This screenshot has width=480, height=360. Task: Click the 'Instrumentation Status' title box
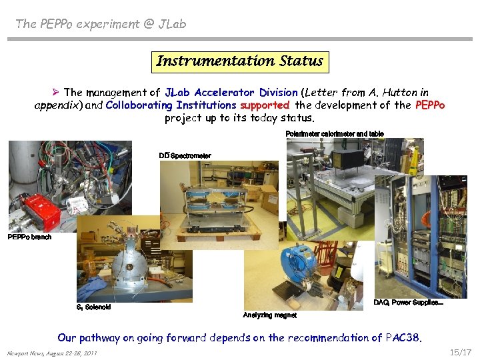[239, 61]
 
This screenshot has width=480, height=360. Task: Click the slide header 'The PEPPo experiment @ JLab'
[101, 24]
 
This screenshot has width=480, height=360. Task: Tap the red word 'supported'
[265, 105]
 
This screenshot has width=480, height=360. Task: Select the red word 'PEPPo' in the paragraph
[429, 105]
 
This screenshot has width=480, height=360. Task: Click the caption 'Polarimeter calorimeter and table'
[334, 134]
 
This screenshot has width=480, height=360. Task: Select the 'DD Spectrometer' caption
[185, 156]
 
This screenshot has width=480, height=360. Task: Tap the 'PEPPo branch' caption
[29, 237]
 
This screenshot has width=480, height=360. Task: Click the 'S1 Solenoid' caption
[94, 307]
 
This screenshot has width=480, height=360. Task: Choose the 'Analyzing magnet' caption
[269, 315]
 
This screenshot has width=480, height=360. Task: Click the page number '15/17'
[460, 352]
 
